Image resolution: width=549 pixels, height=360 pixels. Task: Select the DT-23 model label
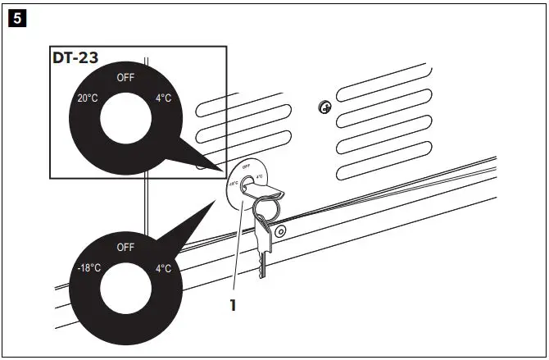tap(75, 58)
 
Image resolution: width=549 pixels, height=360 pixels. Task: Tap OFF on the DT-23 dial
tap(126, 79)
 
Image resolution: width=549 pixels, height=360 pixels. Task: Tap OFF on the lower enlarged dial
tap(125, 247)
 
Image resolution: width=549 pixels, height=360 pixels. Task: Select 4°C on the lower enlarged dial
tap(163, 268)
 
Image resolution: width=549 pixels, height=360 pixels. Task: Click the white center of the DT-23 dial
tap(126, 123)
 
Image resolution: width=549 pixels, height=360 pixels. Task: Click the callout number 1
tap(233, 305)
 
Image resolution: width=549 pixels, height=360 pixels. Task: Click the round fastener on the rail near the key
tap(280, 233)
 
